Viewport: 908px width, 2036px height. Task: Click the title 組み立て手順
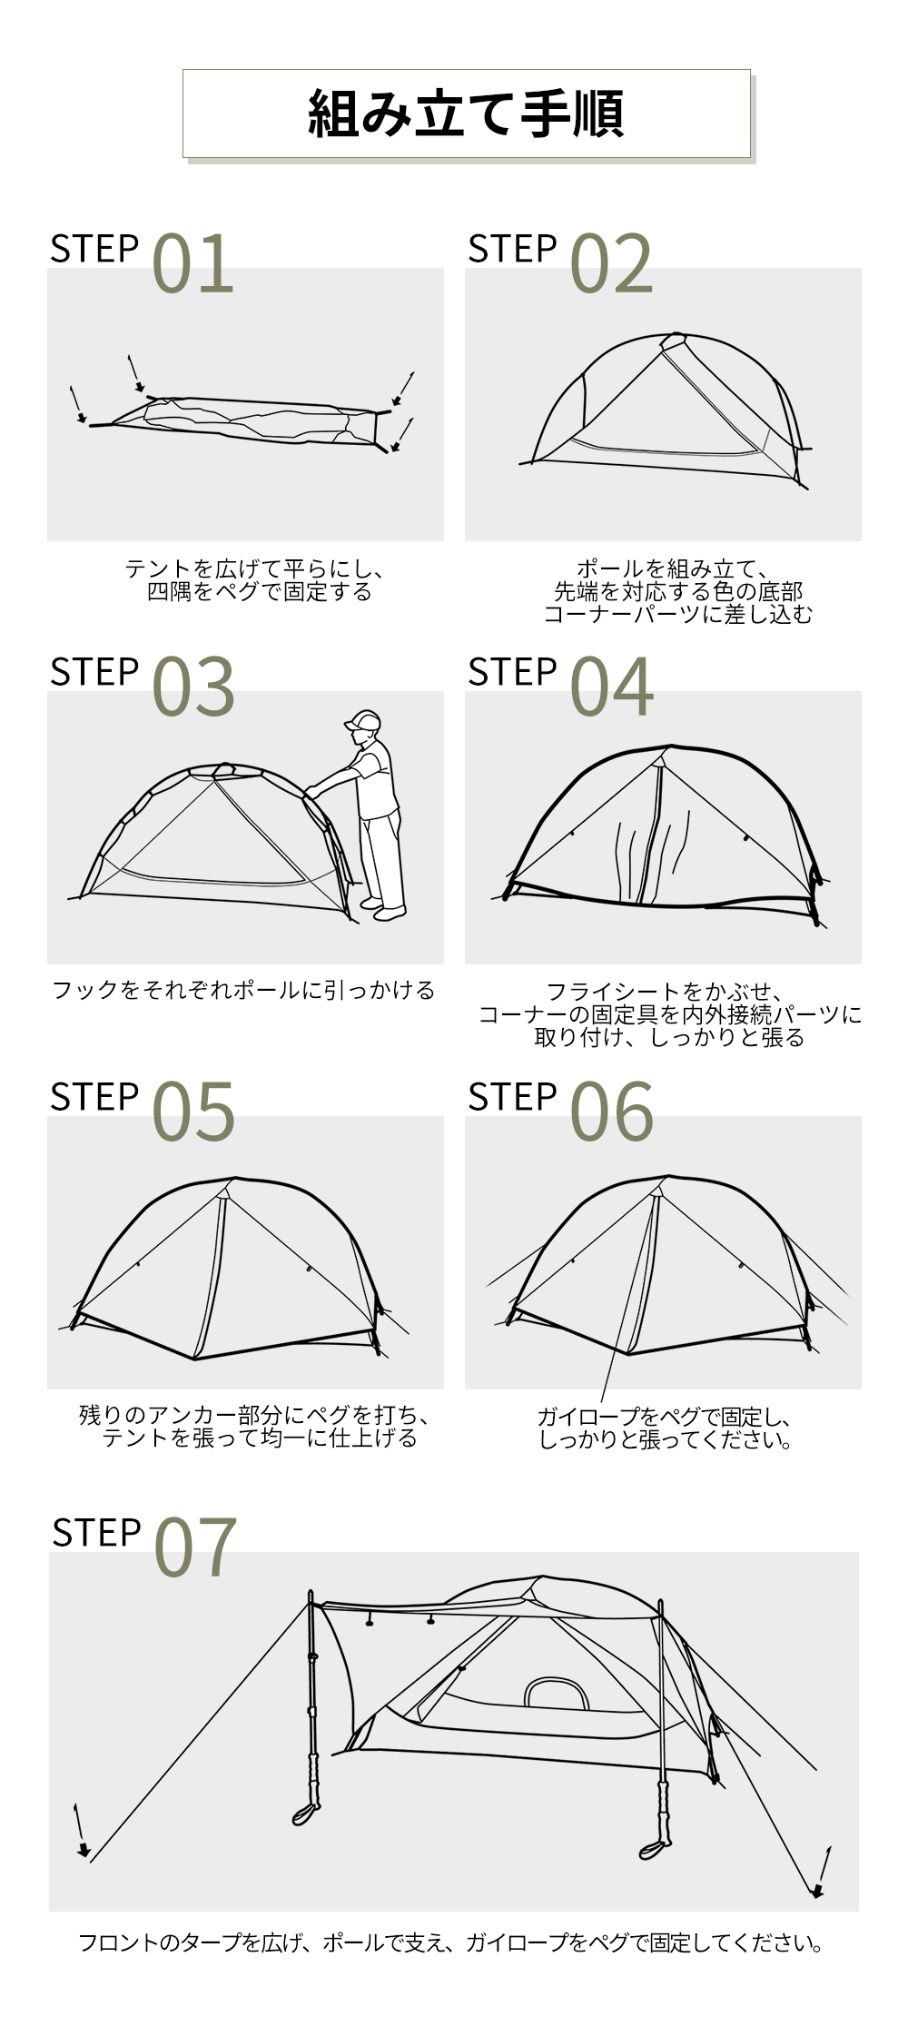466,114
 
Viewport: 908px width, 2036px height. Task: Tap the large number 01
192,263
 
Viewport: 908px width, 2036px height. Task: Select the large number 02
611,263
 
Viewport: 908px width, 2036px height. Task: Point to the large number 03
193,687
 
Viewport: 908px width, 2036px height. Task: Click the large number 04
611,687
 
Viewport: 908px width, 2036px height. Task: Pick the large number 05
193,1112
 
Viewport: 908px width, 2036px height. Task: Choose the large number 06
611,1112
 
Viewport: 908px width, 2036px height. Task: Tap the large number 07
195,1547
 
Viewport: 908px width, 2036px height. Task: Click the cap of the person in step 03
362,720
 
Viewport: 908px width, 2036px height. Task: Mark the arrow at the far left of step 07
81,1831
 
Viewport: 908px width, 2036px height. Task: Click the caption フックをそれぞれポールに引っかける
243,990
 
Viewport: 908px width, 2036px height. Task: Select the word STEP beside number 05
94,1097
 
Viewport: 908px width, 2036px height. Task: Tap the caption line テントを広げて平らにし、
255,569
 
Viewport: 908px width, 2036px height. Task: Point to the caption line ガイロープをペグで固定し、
666,1417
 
